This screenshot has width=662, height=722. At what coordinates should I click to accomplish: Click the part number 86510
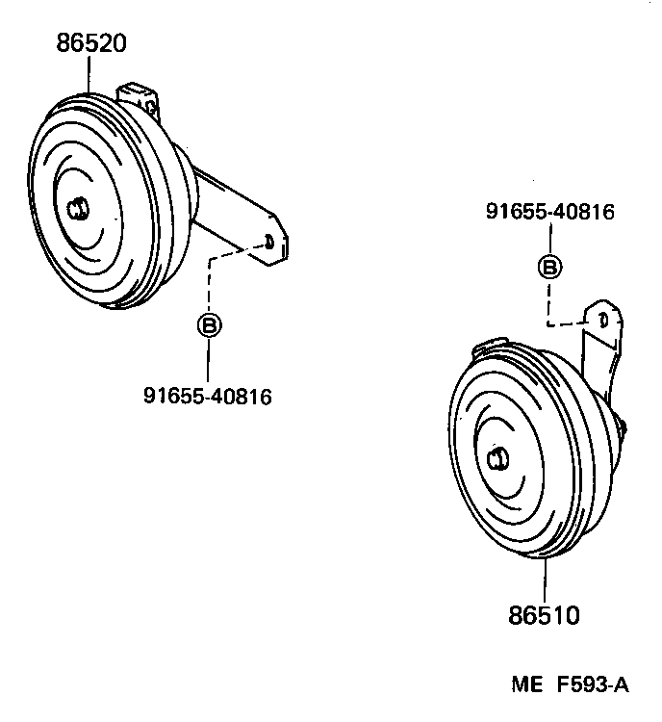click(545, 614)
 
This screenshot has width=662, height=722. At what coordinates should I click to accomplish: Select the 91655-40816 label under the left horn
click(207, 396)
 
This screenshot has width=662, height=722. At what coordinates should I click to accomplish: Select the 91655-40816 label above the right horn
click(548, 213)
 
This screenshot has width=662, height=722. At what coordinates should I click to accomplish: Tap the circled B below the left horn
click(208, 324)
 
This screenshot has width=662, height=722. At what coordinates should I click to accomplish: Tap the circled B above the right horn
click(548, 267)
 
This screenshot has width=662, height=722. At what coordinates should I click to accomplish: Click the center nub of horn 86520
click(76, 209)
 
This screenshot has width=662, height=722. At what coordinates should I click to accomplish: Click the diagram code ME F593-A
click(570, 685)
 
